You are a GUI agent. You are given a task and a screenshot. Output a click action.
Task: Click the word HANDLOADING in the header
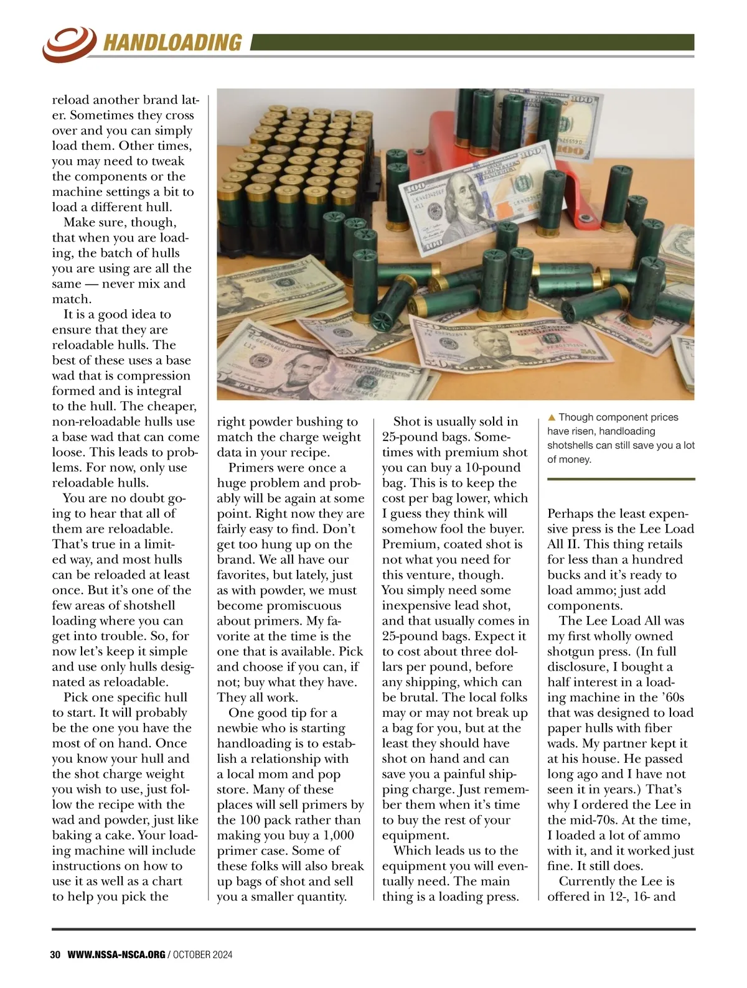172,42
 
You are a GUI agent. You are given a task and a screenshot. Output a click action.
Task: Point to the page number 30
55,954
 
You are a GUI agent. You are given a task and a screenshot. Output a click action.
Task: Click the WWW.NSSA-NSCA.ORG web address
116,954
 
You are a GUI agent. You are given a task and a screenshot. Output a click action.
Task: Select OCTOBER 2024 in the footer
202,954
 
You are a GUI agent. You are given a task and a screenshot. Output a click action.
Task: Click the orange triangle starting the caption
552,417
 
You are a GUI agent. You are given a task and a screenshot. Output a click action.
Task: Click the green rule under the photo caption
621,479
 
